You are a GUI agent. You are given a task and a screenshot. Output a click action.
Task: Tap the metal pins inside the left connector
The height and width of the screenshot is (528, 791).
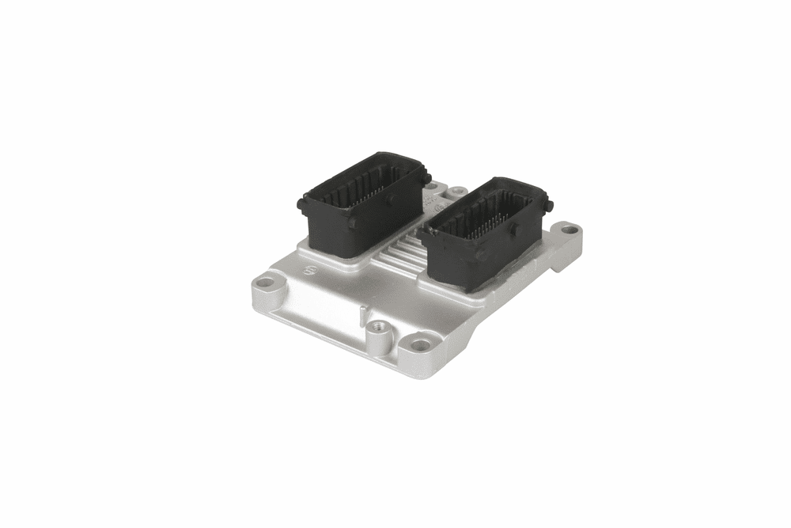pos(372,186)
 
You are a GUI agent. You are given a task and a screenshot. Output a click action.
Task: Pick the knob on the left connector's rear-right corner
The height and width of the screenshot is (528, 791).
pos(426,179)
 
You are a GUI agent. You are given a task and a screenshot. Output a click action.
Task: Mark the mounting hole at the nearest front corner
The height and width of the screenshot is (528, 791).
pos(421,344)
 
